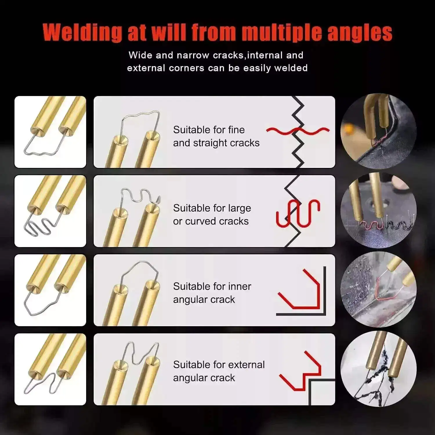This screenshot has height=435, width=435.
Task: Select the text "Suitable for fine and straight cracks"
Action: click(216, 136)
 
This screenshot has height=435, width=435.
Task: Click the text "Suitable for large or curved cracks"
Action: click(212, 215)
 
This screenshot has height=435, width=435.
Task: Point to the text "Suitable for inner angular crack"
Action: click(212, 293)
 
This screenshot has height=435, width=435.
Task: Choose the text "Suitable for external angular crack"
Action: click(219, 371)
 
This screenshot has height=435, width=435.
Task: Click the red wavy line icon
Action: click(298, 131)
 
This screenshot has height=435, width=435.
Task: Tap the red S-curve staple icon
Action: click(298, 213)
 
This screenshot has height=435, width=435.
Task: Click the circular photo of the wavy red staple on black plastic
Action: click(378, 131)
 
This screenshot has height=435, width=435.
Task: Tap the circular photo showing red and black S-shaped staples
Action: click(378, 210)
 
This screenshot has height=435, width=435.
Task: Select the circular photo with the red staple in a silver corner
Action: click(378, 289)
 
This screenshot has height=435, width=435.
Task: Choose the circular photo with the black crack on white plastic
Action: click(378, 369)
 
